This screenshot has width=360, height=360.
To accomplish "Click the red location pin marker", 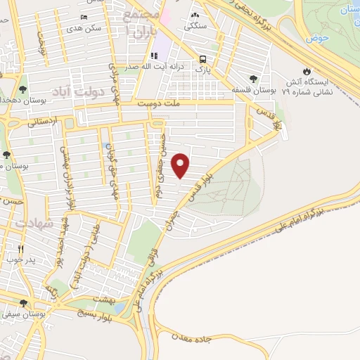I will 181,165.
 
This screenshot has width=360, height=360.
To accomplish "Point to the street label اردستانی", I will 45,121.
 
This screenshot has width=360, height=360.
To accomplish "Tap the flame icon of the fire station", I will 307,71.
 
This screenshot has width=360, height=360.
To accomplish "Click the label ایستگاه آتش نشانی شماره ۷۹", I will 307,86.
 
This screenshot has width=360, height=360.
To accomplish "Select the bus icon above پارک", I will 202,59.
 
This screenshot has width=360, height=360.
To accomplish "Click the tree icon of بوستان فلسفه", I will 253,78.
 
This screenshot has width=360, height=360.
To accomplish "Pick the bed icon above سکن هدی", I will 84,17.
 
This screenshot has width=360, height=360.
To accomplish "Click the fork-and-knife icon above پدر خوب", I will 21,249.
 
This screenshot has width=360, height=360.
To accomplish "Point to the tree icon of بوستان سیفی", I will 23,304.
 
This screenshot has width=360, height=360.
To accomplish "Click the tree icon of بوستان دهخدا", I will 23,89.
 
